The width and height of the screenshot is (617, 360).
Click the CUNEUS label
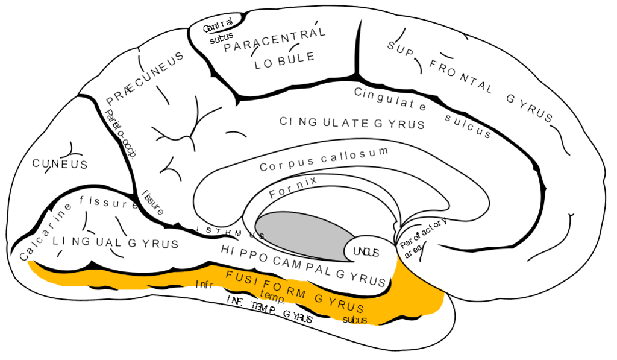click(60, 164)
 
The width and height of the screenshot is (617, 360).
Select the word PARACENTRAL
click(275, 40)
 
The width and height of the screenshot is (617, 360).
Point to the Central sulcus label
click(218, 33)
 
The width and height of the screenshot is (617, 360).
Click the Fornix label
click(293, 187)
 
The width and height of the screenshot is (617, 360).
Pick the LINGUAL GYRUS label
click(116, 242)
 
